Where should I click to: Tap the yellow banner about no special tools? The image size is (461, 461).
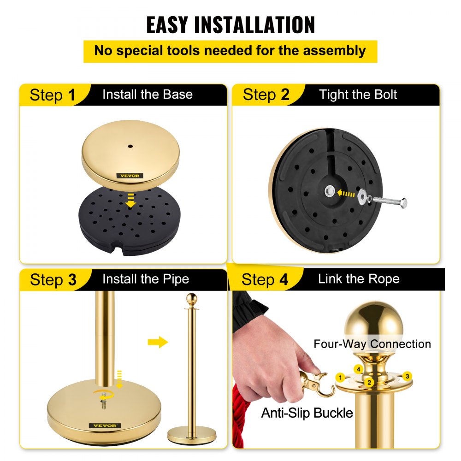(230, 51)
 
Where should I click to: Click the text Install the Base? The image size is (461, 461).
(147, 95)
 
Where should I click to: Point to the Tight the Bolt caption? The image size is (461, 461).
(358, 95)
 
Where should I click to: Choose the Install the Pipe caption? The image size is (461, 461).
(145, 279)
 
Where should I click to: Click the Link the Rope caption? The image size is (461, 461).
(358, 278)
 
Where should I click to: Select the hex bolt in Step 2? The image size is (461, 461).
(390, 201)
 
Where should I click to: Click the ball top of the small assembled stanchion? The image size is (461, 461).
(191, 299)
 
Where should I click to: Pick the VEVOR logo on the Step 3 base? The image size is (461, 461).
(106, 425)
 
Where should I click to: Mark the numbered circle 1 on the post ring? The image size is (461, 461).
(340, 378)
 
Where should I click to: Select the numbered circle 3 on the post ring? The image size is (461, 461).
(407, 376)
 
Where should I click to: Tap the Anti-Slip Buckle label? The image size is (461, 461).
(307, 413)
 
